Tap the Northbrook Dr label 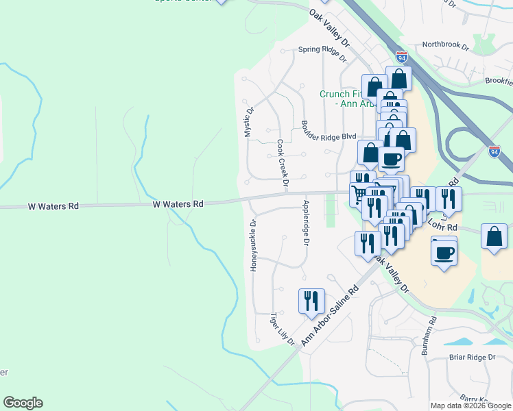coord(445,47)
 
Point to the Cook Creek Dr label coord(282,164)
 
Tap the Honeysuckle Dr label coord(253,245)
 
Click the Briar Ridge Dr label coord(472,358)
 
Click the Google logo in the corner coord(23,403)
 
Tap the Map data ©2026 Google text coord(470,406)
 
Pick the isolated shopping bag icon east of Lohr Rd coord(494,237)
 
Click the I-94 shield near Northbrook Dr coord(403,58)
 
